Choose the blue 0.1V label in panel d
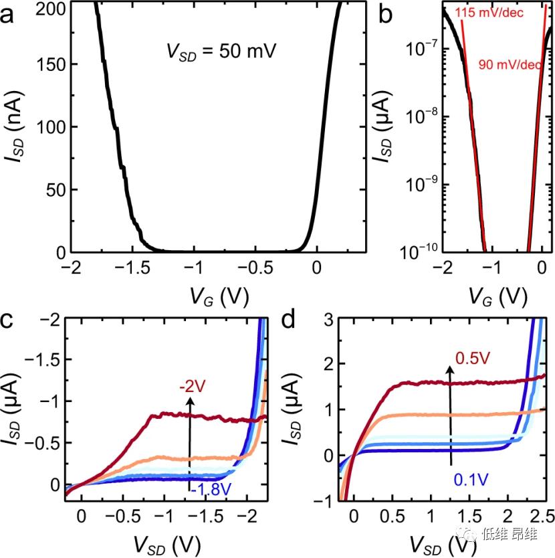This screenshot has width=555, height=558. (x=472, y=479)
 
